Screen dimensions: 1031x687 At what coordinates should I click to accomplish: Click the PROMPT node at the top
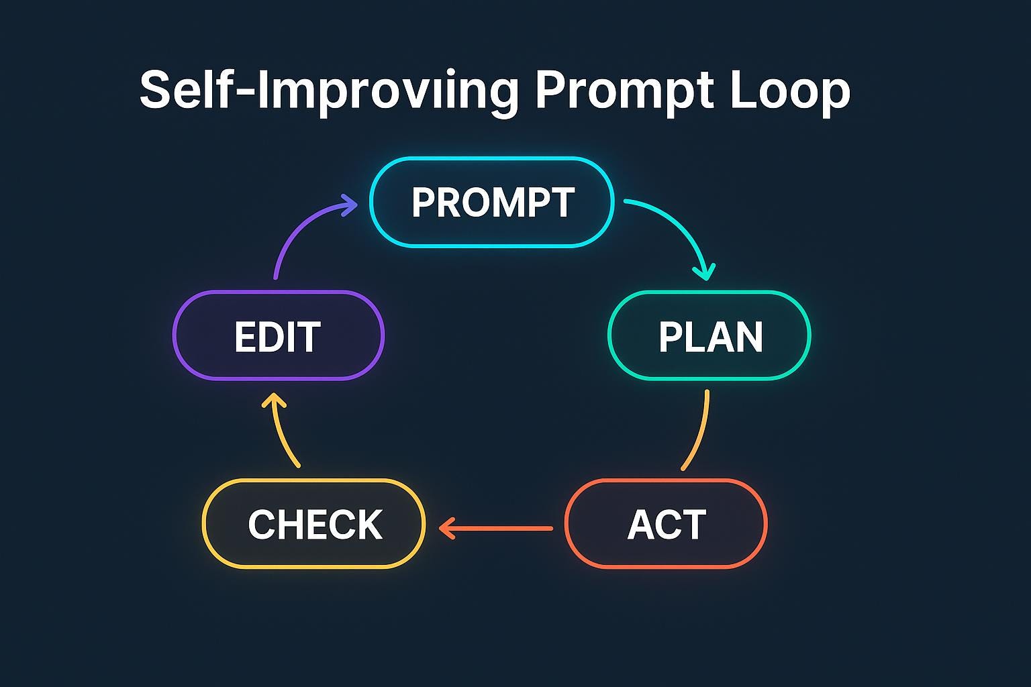tap(492, 202)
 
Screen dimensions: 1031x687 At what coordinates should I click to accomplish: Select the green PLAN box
tap(709, 335)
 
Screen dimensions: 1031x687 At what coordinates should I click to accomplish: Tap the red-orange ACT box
tap(666, 524)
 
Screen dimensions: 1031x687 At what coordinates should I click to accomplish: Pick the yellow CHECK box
tap(314, 524)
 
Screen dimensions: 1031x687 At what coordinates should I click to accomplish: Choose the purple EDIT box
tap(279, 335)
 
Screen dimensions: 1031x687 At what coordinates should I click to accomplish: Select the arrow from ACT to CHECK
tap(496, 528)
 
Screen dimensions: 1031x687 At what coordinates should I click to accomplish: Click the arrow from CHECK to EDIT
tap(279, 430)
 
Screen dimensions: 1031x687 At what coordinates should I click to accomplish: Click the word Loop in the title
tap(790, 90)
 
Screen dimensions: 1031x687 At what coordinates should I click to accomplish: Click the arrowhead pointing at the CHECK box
tap(446, 528)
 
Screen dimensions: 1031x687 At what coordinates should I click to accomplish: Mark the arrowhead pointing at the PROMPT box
tap(349, 205)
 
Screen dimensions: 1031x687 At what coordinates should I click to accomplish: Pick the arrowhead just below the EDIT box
tap(274, 401)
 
